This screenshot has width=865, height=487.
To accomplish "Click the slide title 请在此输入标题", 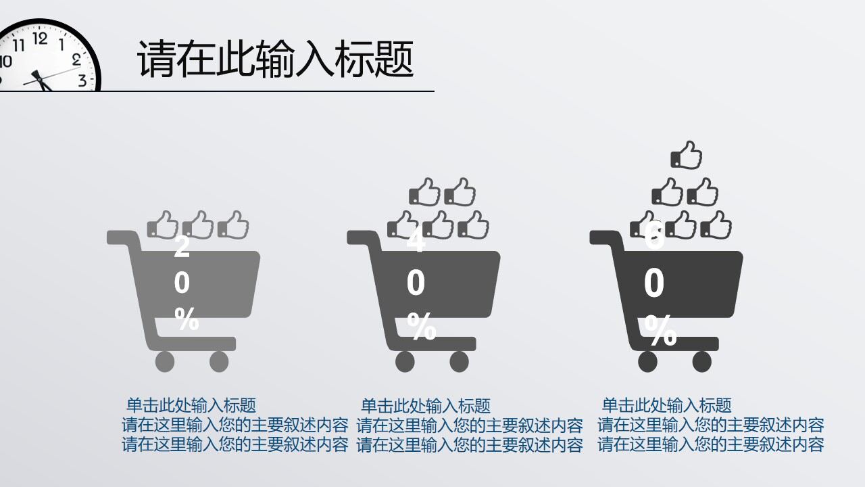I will point(275,60).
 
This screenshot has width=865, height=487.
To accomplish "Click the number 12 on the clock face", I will point(40,39).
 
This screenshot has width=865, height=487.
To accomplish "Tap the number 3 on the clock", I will point(82,80).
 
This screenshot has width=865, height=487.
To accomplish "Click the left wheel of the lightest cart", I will point(165,362).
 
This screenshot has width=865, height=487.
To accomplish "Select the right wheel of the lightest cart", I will point(219,362).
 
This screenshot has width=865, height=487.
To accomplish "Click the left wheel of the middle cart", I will point(405,362).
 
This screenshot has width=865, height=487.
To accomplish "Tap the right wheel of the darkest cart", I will point(701,362).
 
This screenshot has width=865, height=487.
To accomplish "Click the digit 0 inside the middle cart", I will point(416,283).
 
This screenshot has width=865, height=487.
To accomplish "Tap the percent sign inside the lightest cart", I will point(187,319).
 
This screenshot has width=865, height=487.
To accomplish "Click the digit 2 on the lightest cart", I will point(182,247).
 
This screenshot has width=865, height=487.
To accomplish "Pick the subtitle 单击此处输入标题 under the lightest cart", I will point(191,406).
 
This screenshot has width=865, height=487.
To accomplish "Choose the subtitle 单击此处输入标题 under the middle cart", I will point(426,406).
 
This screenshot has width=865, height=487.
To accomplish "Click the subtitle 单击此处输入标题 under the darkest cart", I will point(666,406).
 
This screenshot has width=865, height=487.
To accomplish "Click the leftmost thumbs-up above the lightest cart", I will point(163,225).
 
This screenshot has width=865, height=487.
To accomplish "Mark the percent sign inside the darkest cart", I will point(660,331).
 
